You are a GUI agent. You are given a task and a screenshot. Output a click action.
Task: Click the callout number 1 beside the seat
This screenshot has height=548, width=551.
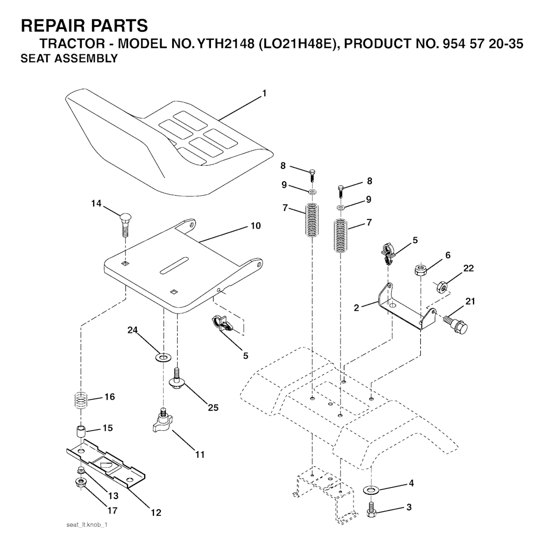[x=264, y=94]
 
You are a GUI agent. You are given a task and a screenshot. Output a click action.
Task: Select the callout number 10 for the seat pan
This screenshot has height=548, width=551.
[x=256, y=225]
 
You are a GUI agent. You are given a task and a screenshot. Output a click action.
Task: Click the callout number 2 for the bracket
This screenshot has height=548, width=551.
[x=357, y=308]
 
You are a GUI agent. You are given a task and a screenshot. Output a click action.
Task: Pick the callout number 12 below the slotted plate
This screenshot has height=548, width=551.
[x=156, y=513]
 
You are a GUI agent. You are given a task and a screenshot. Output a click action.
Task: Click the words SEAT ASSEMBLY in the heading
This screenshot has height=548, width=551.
[x=69, y=58]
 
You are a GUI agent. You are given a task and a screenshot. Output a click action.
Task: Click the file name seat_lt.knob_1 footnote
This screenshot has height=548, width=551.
[x=87, y=525]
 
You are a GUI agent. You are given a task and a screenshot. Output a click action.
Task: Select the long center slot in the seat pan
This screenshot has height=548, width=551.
[x=174, y=265]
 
